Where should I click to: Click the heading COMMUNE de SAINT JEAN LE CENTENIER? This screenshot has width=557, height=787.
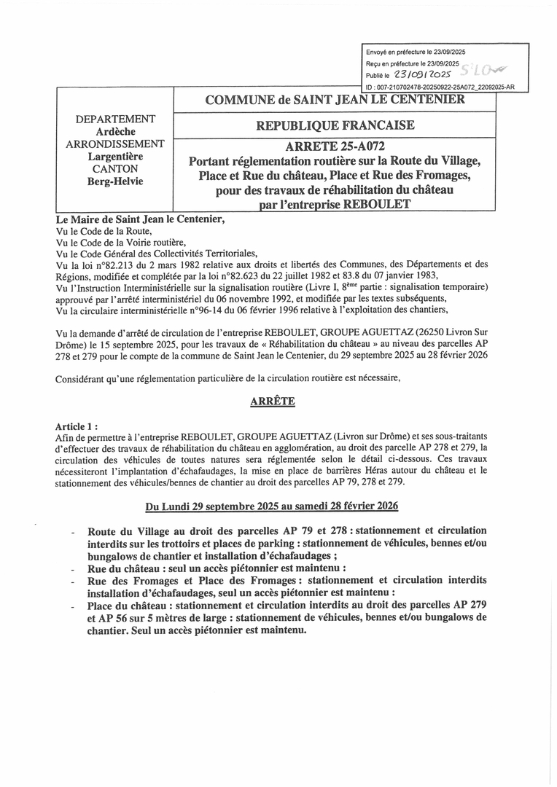pos(335,100)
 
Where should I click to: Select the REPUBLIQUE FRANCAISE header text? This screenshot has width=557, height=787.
pos(335,125)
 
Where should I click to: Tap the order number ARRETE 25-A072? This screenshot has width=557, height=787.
pos(335,147)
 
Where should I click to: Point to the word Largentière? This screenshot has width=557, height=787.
pos(115,156)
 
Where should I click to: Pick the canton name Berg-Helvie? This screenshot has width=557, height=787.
pos(115,181)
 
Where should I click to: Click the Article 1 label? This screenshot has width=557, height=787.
pos(76,426)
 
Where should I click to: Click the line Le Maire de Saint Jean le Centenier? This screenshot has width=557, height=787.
pos(141,218)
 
